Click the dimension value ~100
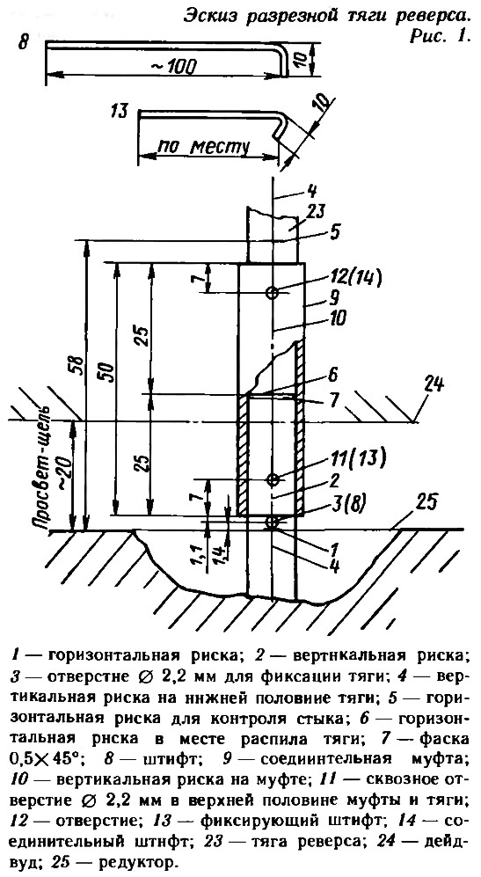pyautogui.click(x=173, y=66)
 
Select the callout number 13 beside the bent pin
pyautogui.click(x=119, y=112)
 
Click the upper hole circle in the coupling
pyautogui.click(x=273, y=293)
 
